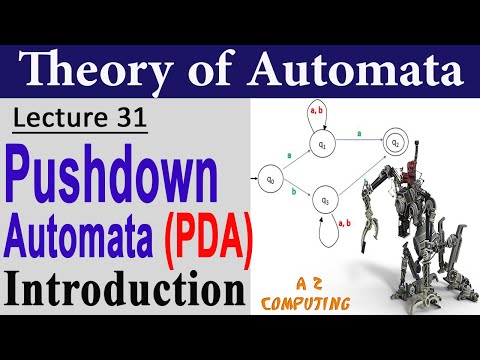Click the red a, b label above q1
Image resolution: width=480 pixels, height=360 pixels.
pos(317,110)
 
